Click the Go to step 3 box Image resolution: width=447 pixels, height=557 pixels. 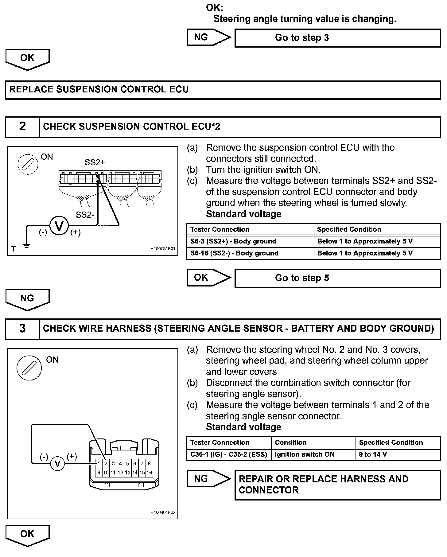pyautogui.click(x=337, y=38)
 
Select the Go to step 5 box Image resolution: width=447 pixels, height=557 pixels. pyautogui.click(x=337, y=278)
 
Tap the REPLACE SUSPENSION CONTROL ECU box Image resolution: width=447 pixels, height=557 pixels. pyautogui.click(x=223, y=90)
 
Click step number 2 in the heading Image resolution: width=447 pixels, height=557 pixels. pyautogui.click(x=22, y=127)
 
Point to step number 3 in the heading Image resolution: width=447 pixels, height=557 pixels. pyautogui.click(x=22, y=329)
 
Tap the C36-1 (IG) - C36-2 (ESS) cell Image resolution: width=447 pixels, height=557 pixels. pyautogui.click(x=229, y=454)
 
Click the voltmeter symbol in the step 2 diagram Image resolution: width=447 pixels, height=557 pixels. pyautogui.click(x=59, y=226)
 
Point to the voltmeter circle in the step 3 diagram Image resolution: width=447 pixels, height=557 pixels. pyautogui.click(x=57, y=463)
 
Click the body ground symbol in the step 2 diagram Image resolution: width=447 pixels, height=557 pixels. pyautogui.click(x=27, y=245)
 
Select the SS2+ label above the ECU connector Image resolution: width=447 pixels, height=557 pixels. pyautogui.click(x=95, y=162)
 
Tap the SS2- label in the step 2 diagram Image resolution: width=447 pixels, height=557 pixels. pyautogui.click(x=85, y=215)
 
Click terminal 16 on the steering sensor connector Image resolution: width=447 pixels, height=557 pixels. pyautogui.click(x=149, y=473)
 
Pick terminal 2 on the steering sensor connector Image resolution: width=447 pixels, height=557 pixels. pyautogui.click(x=106, y=464)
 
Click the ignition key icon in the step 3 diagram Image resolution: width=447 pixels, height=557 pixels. pyautogui.click(x=29, y=368)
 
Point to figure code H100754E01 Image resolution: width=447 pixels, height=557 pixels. pyautogui.click(x=163, y=249)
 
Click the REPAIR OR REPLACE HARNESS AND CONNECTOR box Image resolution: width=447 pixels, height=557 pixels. pyautogui.click(x=337, y=485)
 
